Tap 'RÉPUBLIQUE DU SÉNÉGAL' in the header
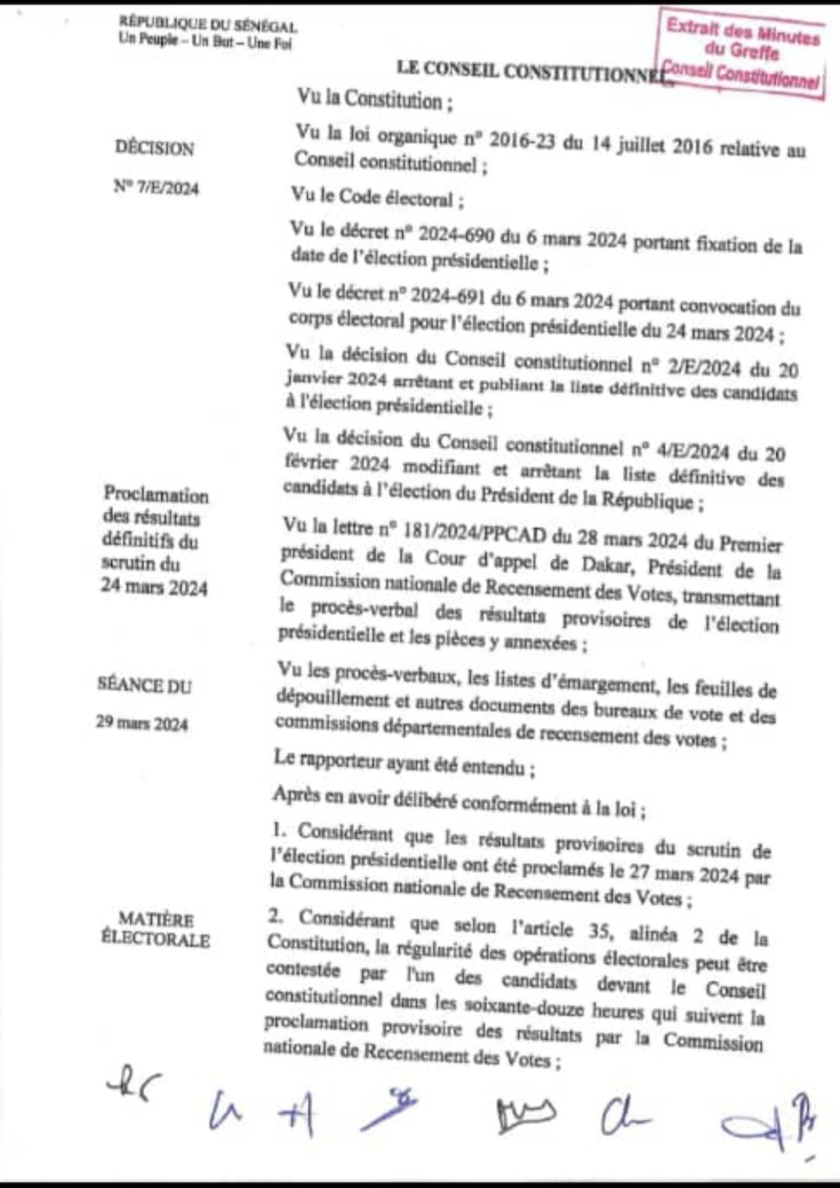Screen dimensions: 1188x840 tap(208, 27)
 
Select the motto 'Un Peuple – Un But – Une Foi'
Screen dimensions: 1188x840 tap(205, 42)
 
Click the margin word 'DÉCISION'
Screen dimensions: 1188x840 tap(154, 147)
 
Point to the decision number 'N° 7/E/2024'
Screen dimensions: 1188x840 tap(156, 188)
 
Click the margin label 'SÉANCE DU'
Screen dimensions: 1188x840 tap(144, 685)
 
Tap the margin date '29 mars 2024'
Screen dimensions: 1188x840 tap(142, 723)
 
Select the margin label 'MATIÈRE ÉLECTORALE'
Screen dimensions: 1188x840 tap(156, 929)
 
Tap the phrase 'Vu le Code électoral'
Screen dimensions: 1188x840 tap(377, 198)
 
